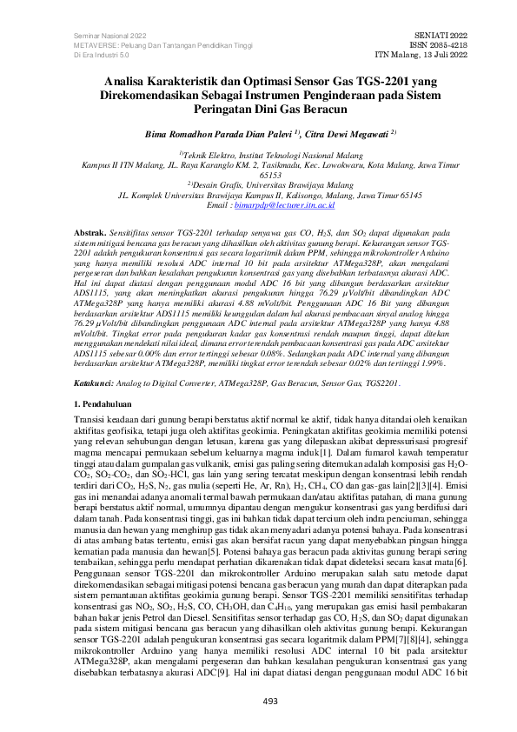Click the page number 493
pos(258,702)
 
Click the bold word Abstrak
pos(89,234)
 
